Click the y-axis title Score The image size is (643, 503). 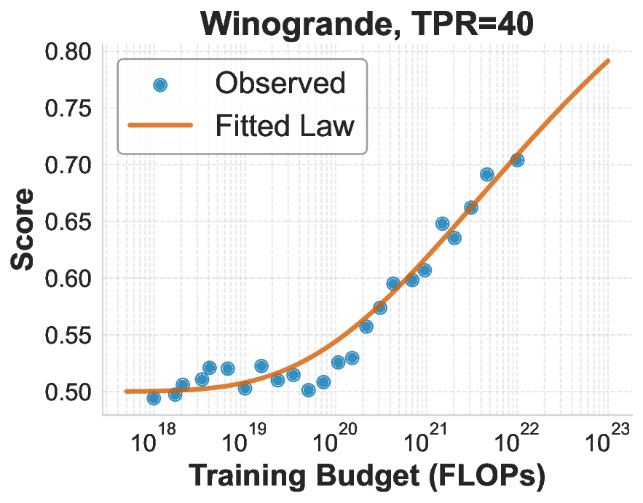[x=23, y=229]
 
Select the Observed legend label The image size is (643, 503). [x=280, y=84]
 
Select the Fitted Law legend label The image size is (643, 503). [x=284, y=126]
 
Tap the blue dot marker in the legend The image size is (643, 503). [x=160, y=85]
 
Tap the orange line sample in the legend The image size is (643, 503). [x=160, y=126]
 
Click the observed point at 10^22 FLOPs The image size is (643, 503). [x=517, y=160]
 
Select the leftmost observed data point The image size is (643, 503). [x=154, y=397]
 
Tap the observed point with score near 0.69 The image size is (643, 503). [x=487, y=174]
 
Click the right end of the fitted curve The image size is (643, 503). [x=608, y=60]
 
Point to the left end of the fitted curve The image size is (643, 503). [x=126, y=391]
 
